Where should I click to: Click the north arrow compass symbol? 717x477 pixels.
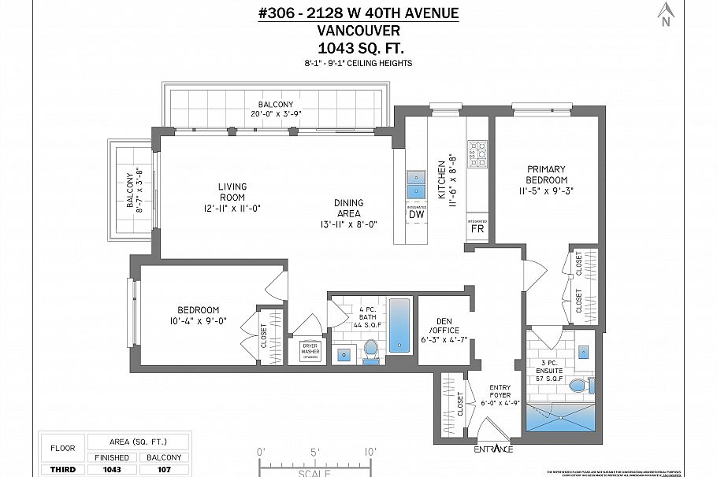[x=666, y=13]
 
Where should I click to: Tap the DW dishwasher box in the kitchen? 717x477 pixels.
[x=415, y=214]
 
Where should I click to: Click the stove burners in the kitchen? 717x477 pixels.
[x=477, y=154]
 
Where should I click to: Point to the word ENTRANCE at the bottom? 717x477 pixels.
[x=493, y=449]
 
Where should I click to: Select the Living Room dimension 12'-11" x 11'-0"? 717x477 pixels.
[x=232, y=208]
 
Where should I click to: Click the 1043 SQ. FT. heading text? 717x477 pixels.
[x=358, y=48]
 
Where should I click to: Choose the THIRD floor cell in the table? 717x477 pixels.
[x=62, y=470]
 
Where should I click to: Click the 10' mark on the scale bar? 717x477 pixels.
[x=370, y=452]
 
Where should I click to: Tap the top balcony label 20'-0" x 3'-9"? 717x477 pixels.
[x=275, y=113]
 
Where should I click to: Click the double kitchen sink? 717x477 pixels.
[x=415, y=184]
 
